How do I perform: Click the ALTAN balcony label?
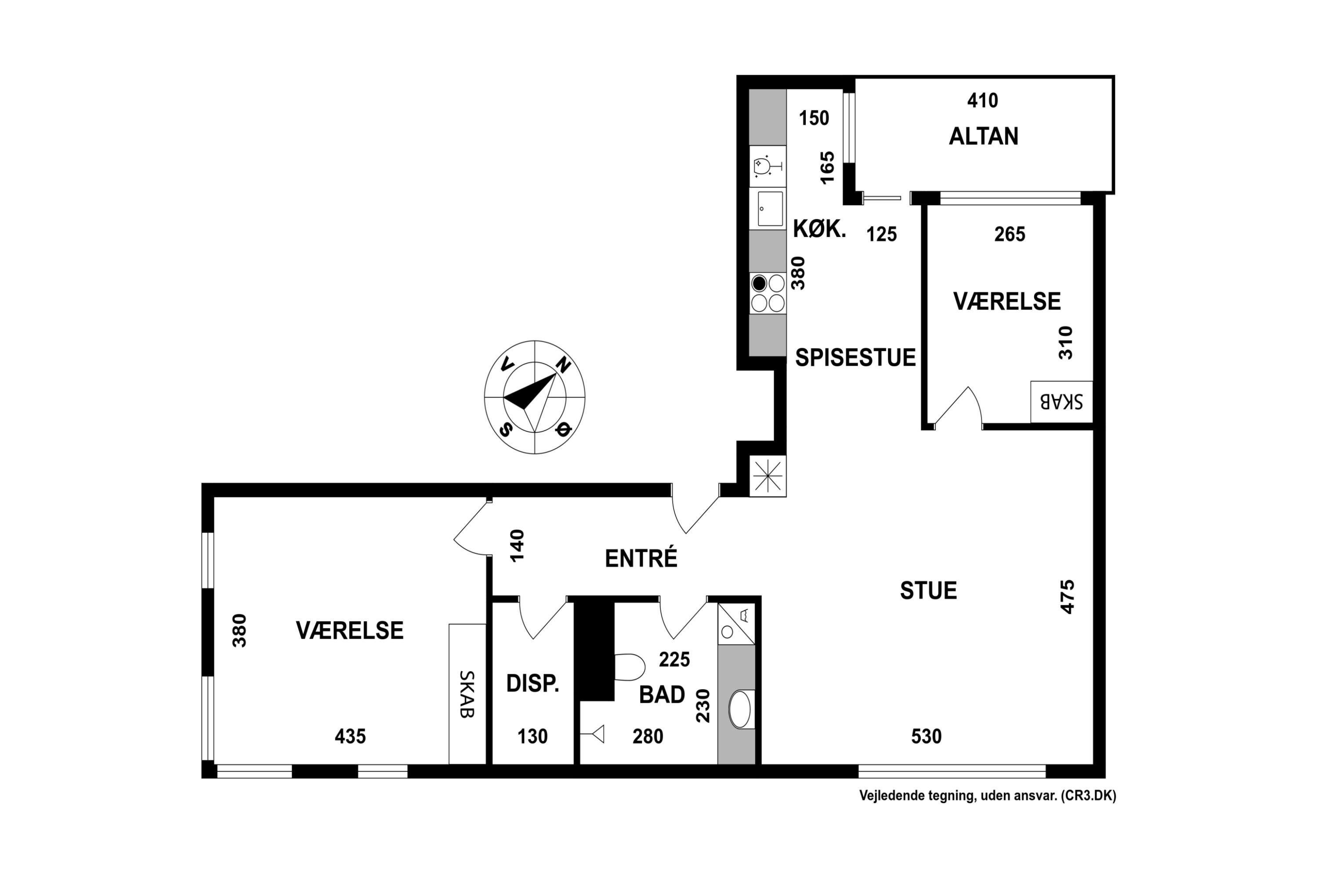point(984,137)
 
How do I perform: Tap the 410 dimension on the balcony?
point(983,101)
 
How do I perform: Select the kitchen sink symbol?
point(770,209)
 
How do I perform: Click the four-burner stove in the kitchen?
point(768,293)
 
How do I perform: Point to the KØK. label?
point(819,229)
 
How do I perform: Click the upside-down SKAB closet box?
point(1061,402)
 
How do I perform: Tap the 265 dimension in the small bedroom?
point(1010,234)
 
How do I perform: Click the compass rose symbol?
point(535,397)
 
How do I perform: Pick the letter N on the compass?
point(563,365)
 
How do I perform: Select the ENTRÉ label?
point(641,558)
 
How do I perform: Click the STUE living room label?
point(929,591)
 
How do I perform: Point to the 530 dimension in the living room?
point(926,736)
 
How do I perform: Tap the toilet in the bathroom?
point(629,667)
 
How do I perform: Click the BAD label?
point(663,695)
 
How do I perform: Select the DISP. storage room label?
point(532,684)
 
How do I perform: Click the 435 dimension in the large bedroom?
point(350,736)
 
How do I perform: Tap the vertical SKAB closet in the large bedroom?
point(467,694)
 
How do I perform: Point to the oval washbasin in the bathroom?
point(740,709)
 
